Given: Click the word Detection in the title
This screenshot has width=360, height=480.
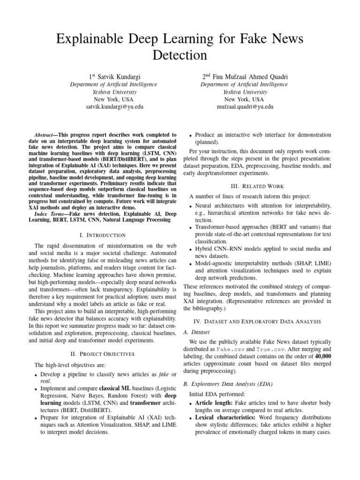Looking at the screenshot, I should (x=180, y=55).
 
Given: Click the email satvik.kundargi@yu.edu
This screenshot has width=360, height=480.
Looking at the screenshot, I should (x=114, y=106).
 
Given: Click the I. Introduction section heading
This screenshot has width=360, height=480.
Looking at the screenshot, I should (x=103, y=235).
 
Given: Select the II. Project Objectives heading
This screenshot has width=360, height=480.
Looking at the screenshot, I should (x=103, y=353).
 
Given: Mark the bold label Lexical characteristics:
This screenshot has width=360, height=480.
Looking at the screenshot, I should (x=225, y=418).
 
